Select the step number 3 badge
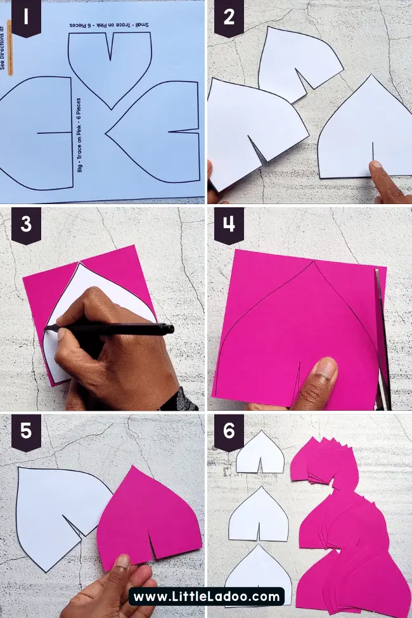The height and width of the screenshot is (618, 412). coord(27,224)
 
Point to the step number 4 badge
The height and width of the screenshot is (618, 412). coord(229,224)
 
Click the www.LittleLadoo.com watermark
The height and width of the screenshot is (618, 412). coord(206,596)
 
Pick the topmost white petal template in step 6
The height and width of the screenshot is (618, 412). coord(260,453)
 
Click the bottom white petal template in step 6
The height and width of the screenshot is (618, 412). coord(258,574)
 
